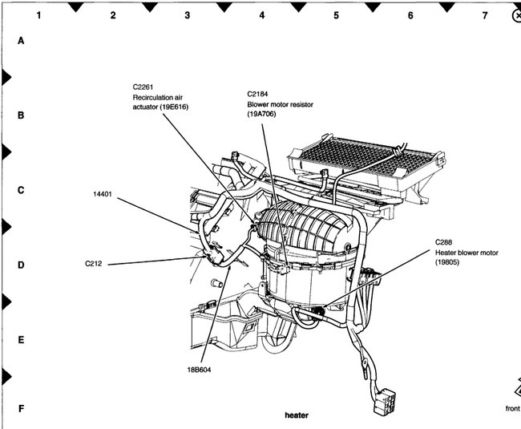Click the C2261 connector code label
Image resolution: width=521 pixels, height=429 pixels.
coord(145,87)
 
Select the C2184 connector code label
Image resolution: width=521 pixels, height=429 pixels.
coord(260,93)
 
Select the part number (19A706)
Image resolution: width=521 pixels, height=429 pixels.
coord(265,114)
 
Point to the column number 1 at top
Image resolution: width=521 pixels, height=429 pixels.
coord(38,15)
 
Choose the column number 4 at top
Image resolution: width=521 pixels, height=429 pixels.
coord(261,15)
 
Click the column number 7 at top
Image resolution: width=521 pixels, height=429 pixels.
coord(484,15)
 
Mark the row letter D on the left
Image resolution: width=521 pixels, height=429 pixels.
coord(22,265)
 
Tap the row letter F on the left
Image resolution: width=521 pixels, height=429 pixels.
coord(22,409)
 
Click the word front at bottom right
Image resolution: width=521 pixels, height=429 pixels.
coord(511,409)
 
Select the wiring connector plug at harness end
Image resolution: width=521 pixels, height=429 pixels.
coord(383,399)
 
